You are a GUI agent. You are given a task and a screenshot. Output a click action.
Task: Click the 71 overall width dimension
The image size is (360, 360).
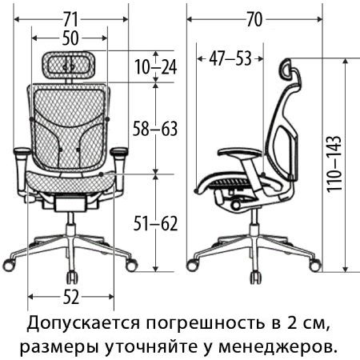click(70, 20)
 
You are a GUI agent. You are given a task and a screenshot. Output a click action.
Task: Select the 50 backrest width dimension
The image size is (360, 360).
click(70, 38)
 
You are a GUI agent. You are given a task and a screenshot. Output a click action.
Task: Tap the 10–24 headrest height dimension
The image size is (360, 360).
click(156, 67)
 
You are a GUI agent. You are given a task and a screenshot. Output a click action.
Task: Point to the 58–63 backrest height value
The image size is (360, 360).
click(155, 129)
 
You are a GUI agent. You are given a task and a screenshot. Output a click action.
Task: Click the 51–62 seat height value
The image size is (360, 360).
click(155, 224)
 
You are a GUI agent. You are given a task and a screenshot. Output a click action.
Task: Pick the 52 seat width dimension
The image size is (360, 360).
click(71, 297)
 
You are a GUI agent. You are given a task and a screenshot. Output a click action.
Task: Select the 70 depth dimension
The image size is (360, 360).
click(254, 20)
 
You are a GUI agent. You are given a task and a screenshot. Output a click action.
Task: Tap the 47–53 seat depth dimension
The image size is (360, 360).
click(230, 59)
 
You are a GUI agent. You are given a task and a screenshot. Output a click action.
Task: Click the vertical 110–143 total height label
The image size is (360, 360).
click(334, 164)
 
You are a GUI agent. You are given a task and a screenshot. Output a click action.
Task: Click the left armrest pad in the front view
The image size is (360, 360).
click(22, 151)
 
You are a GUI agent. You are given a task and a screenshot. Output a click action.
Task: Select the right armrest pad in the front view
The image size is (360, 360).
click(119, 151)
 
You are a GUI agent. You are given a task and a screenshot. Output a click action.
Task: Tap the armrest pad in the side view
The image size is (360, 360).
click(240, 153)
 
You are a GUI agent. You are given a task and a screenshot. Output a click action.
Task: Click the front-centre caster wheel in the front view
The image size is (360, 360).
click(72, 277)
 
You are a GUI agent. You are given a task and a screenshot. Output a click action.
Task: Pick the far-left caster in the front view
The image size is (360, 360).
click(10, 264)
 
